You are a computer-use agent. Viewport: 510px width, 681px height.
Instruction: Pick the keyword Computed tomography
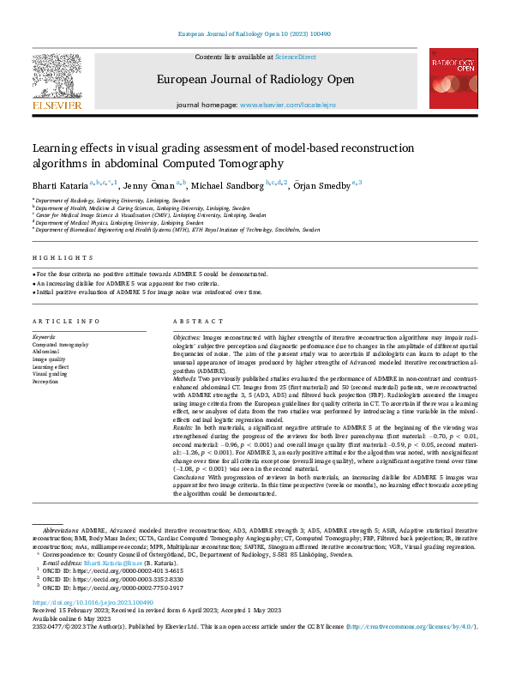point(60,344)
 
